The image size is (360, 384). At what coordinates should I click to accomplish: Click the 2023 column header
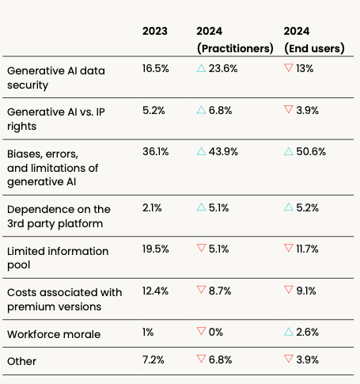(x=155, y=31)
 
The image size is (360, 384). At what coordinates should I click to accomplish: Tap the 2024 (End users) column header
(x=314, y=40)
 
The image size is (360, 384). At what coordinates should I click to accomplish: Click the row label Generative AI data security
(x=55, y=77)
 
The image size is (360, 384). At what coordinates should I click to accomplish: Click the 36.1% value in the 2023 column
(x=155, y=151)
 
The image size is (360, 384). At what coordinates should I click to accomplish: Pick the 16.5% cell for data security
(x=156, y=69)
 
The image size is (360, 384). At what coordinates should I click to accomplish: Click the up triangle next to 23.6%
(x=201, y=69)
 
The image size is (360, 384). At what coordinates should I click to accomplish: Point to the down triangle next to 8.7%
(x=201, y=292)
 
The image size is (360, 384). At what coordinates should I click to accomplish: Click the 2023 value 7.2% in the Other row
(x=154, y=361)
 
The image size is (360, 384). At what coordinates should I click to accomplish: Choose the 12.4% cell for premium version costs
(x=155, y=292)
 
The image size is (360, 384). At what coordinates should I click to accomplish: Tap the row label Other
(x=21, y=361)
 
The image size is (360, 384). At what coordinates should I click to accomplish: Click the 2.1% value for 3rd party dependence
(x=153, y=209)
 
